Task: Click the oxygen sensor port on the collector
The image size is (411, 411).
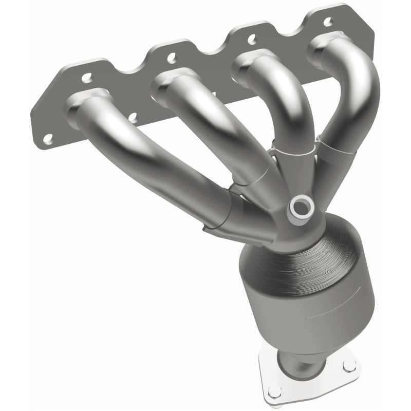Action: point(301,207)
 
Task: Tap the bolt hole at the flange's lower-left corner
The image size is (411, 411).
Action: point(49,139)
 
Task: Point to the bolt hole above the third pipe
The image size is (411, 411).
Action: point(251,38)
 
